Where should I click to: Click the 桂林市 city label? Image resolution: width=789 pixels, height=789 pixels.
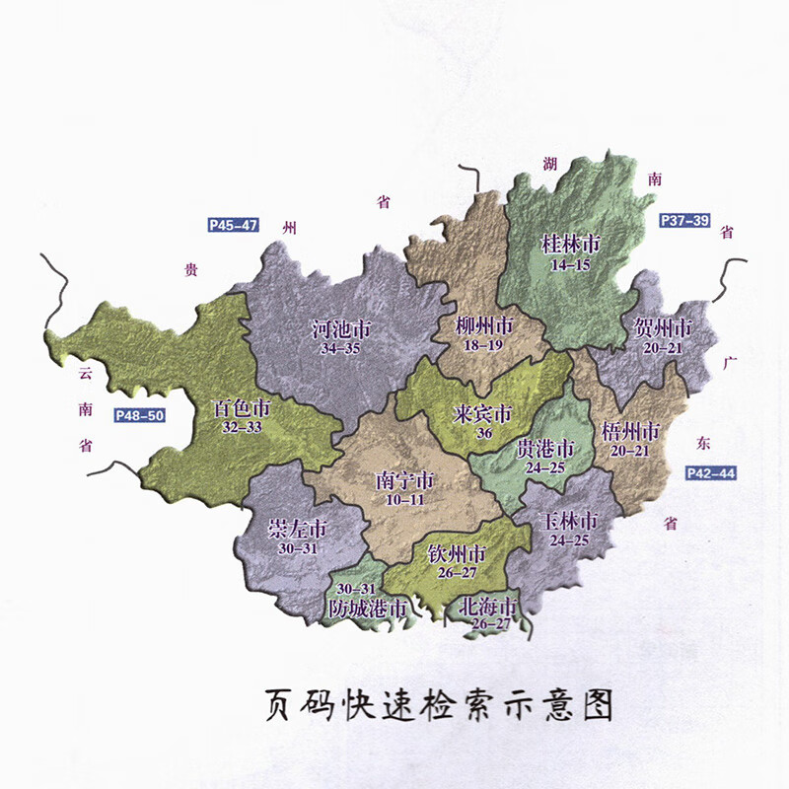tap(571, 244)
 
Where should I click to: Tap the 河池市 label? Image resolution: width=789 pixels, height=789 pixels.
tap(340, 328)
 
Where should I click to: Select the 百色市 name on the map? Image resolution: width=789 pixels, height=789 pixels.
tap(243, 407)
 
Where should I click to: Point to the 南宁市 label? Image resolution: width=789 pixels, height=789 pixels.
tap(405, 481)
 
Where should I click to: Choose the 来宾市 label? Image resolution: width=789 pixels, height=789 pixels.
tap(483, 412)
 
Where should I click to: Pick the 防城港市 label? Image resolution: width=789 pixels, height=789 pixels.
tap(367, 610)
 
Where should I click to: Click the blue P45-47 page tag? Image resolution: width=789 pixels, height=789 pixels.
tap(234, 225)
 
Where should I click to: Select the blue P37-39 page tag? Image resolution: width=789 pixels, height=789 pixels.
tap(684, 220)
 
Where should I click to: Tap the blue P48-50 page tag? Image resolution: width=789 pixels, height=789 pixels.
tap(139, 415)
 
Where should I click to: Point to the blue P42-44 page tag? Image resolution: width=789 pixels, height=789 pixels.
tap(711, 473)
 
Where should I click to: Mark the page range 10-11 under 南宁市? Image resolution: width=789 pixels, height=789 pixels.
tap(405, 501)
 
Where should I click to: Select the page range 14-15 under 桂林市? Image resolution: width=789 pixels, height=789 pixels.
tap(571, 264)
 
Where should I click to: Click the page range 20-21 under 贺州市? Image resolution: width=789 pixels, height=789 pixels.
tap(661, 347)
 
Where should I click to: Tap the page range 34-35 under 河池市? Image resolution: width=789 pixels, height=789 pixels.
tap(340, 349)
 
